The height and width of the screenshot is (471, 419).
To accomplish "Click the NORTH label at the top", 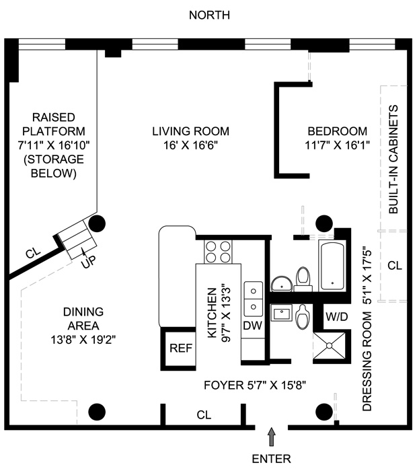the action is (x=208, y=15).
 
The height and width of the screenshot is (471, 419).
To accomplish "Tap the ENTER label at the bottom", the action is (x=271, y=460).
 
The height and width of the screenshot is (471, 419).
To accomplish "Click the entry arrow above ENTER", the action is (x=272, y=437).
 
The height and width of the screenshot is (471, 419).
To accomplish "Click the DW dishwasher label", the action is (x=252, y=326).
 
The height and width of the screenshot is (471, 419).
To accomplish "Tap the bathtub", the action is (x=332, y=265).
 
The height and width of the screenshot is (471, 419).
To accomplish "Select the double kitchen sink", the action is (x=253, y=298).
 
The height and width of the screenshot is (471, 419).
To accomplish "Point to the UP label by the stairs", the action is (x=88, y=263).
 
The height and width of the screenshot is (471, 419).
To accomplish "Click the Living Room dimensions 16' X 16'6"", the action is (x=190, y=145).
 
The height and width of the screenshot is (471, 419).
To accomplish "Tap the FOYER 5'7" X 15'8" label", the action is (x=265, y=386).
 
